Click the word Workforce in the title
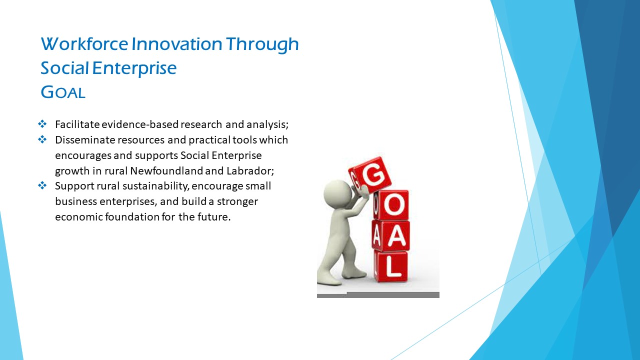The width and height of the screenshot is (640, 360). tap(84, 44)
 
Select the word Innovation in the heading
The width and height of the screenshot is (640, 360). tap(176, 44)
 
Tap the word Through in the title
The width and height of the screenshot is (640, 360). tap(262, 45)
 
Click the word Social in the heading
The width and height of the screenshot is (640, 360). tap(64, 68)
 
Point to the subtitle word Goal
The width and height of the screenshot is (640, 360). tap(63, 92)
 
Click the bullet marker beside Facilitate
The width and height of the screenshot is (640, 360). tap(42, 124)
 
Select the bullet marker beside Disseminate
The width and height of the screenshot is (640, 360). tap(42, 139)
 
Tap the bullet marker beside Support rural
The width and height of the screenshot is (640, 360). tap(42, 185)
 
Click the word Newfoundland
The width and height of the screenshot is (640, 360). tap(166, 171)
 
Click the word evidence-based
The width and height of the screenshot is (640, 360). tap(140, 124)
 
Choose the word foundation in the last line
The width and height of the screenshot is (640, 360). tap(132, 217)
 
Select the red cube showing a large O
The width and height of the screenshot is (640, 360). tap(391, 205)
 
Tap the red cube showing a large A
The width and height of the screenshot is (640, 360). tap(391, 236)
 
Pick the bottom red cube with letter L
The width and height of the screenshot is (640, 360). tap(391, 267)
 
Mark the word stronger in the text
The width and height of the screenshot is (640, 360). tap(237, 201)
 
